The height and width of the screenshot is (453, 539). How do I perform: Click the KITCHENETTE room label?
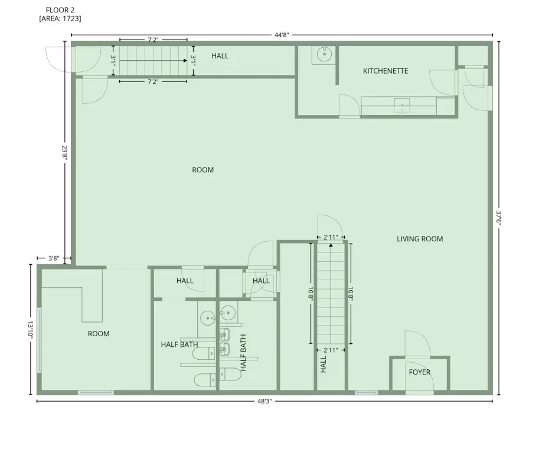[386, 71]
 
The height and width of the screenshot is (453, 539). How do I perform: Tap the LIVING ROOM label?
[420, 239]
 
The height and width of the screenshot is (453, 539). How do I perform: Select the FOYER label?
[419, 372]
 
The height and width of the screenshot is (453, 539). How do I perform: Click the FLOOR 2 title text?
[60, 10]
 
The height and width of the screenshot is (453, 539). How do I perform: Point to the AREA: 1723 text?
[60, 18]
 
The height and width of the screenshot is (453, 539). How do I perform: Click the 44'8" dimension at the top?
[282, 35]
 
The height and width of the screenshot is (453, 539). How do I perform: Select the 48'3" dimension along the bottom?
[264, 401]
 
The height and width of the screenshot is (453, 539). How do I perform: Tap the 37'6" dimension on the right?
[499, 218]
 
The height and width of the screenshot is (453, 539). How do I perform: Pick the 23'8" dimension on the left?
[64, 153]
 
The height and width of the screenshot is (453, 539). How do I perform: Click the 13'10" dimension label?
[30, 330]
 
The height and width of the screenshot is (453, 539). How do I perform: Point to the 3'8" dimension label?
[54, 258]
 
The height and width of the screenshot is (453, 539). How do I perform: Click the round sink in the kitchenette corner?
[324, 54]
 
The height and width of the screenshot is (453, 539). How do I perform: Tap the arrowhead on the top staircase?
[185, 61]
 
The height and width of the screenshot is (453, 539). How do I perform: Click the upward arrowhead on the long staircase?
[331, 245]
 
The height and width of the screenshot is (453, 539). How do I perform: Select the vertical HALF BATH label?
[243, 353]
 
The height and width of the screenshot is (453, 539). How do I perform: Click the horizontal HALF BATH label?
[179, 344]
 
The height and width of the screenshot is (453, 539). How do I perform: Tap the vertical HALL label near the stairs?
[324, 364]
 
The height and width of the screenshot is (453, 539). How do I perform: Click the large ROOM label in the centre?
[203, 170]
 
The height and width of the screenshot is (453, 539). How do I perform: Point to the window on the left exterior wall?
[39, 340]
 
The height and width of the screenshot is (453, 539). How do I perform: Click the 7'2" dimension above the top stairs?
[153, 40]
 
